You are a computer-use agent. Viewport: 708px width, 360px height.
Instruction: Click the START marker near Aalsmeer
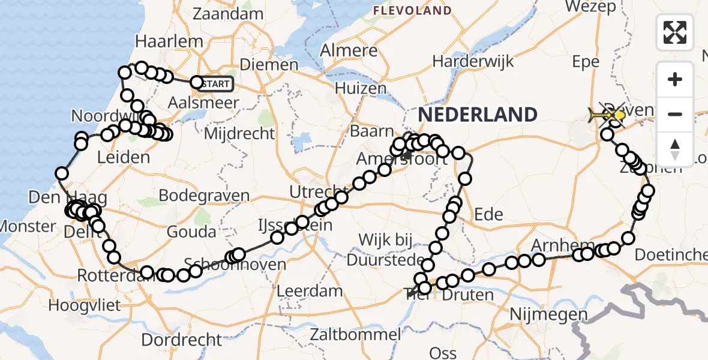(x=215, y=84)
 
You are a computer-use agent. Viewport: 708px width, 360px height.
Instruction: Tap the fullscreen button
(x=675, y=32)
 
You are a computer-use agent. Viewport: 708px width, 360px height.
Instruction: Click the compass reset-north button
(x=675, y=149)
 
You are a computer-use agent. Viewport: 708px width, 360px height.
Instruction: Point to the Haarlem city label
(x=161, y=41)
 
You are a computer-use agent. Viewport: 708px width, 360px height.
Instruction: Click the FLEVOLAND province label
(x=420, y=10)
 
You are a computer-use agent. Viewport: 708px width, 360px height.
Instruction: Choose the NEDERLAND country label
(x=478, y=114)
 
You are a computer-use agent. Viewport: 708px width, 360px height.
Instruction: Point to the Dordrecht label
(x=182, y=340)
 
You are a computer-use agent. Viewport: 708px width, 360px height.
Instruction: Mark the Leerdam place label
(x=310, y=292)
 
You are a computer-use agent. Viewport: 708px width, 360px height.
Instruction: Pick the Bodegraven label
(x=205, y=196)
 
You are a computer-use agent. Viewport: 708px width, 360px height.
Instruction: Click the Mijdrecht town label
(x=239, y=133)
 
